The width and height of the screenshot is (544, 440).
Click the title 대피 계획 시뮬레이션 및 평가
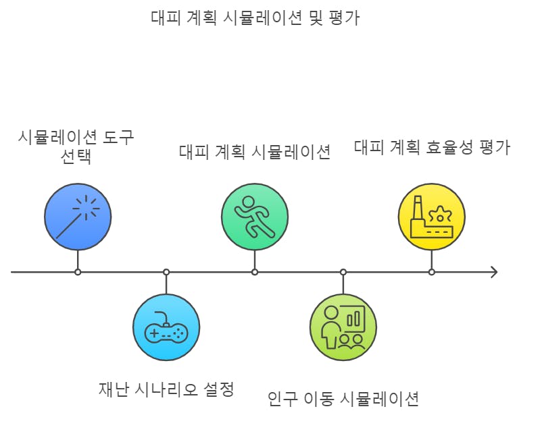pyautogui.click(x=255, y=17)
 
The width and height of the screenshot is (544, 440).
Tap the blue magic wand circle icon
pyautogui.click(x=78, y=216)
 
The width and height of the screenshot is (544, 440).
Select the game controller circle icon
pyautogui.click(x=166, y=327)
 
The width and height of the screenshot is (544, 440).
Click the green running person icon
pyautogui.click(x=255, y=216)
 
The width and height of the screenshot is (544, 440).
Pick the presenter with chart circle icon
pyautogui.click(x=343, y=327)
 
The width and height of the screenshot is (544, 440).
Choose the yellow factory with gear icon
pyautogui.click(x=432, y=216)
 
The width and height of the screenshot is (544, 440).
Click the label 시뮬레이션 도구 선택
pyautogui.click(x=75, y=147)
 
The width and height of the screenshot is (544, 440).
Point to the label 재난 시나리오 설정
pyautogui.click(x=166, y=389)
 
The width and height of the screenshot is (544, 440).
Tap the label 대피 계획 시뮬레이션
pyautogui.click(x=255, y=151)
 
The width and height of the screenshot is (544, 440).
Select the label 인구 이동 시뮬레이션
pyautogui.click(x=343, y=398)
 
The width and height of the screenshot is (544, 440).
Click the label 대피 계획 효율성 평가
pyautogui.click(x=432, y=147)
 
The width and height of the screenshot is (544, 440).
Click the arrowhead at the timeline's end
pyautogui.click(x=494, y=272)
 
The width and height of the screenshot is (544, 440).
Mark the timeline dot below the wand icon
pyautogui.click(x=78, y=272)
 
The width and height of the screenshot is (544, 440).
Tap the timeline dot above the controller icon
pyautogui.click(x=166, y=272)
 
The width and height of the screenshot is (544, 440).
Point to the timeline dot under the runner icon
pyautogui.click(x=255, y=272)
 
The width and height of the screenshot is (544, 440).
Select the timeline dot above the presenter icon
pyautogui.click(x=343, y=272)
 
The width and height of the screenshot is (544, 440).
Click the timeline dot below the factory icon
pyautogui.click(x=432, y=272)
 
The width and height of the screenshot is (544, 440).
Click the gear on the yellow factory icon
pyautogui.click(x=443, y=215)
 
